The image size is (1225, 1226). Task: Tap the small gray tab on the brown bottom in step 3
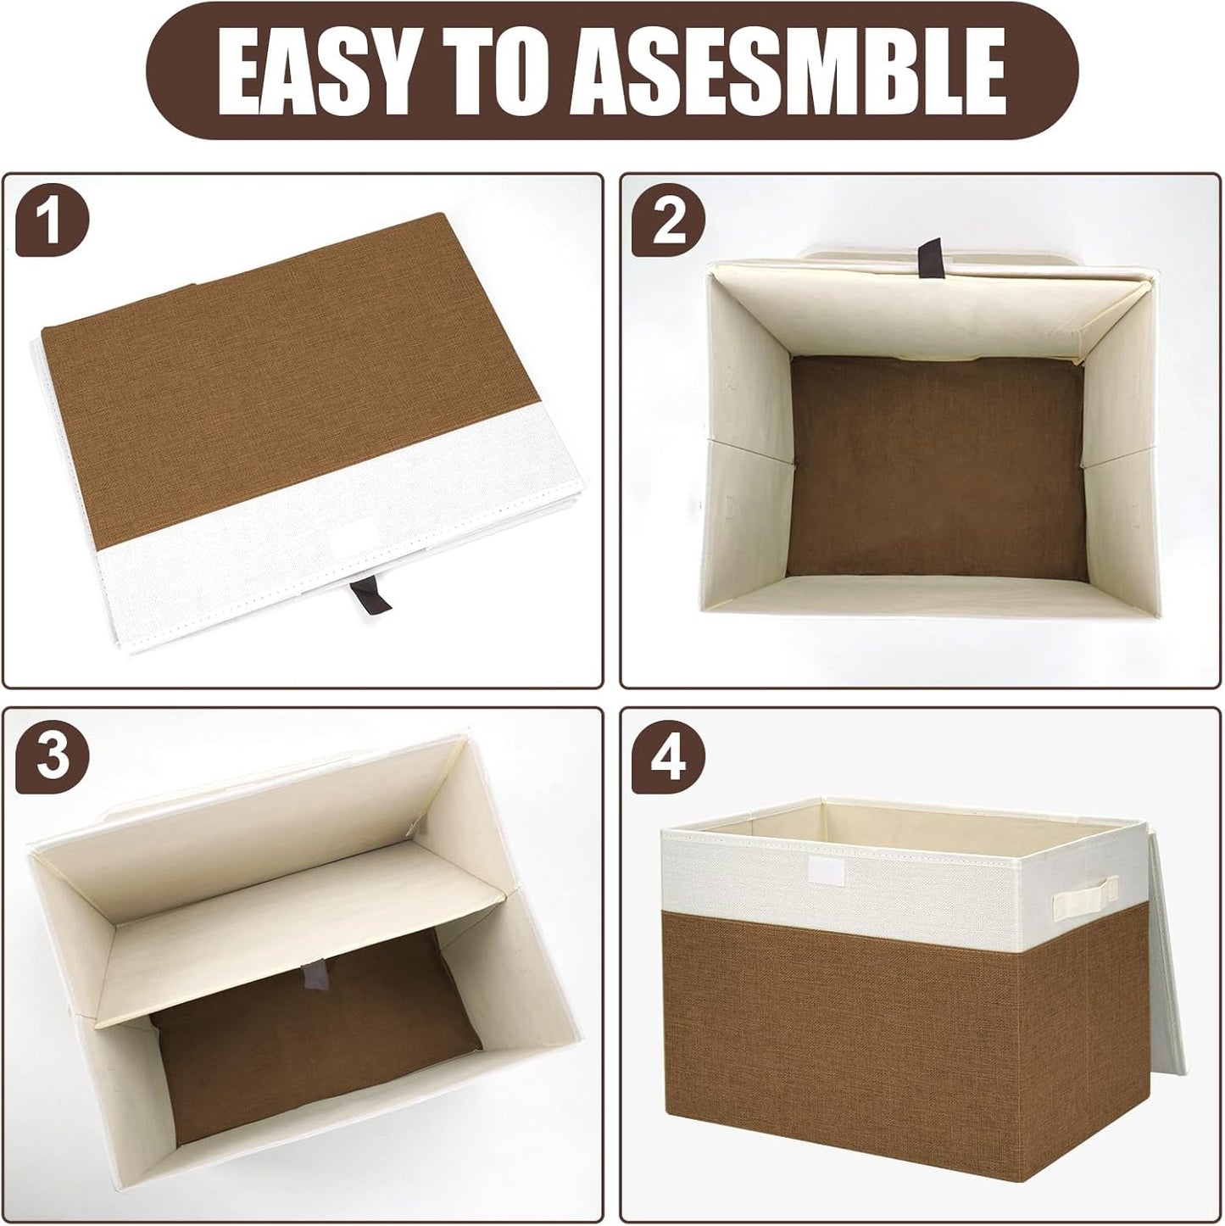[318, 975]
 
